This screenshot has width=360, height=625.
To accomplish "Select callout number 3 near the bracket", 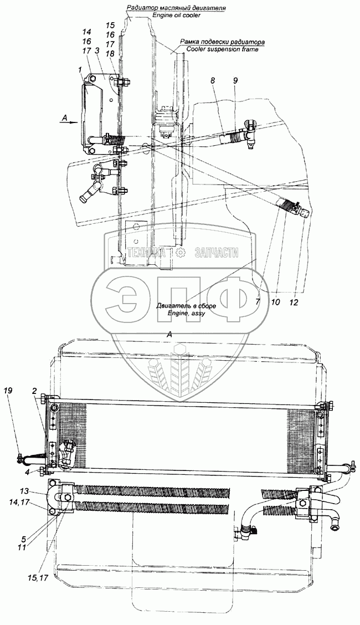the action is point(97,51).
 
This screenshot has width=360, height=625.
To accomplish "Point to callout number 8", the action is point(212,81).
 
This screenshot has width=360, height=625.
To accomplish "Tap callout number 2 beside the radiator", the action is point(34,391).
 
